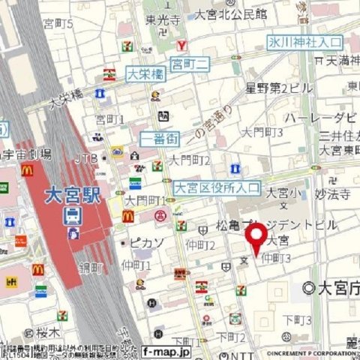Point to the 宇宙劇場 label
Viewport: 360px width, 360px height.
(28, 154)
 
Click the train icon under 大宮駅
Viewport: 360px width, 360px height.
(73, 217)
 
